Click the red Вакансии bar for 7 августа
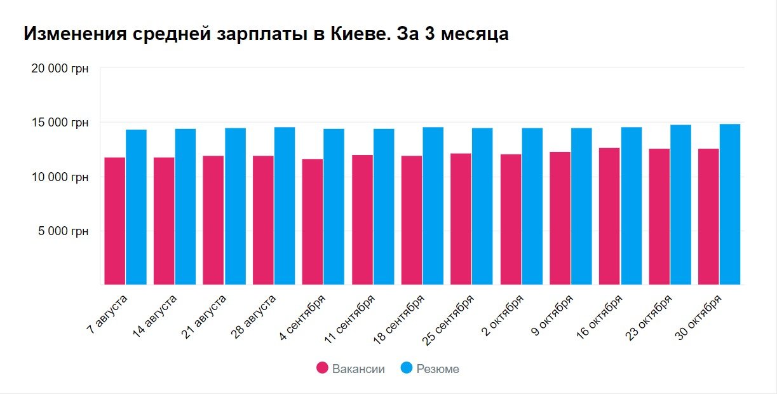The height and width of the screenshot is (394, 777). (x=115, y=221)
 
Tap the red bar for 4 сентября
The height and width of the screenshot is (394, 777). (x=313, y=222)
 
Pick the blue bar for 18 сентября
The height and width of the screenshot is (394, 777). (x=433, y=206)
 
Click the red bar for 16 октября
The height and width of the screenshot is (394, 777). (x=609, y=217)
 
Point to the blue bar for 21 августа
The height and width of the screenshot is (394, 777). (x=235, y=207)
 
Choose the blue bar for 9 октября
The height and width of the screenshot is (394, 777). (x=581, y=207)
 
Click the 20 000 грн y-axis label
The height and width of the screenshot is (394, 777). (x=60, y=68)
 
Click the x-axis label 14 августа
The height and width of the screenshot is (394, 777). (x=156, y=316)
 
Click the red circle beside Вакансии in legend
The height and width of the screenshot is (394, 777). (x=322, y=369)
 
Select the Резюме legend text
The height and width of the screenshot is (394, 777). (x=437, y=369)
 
